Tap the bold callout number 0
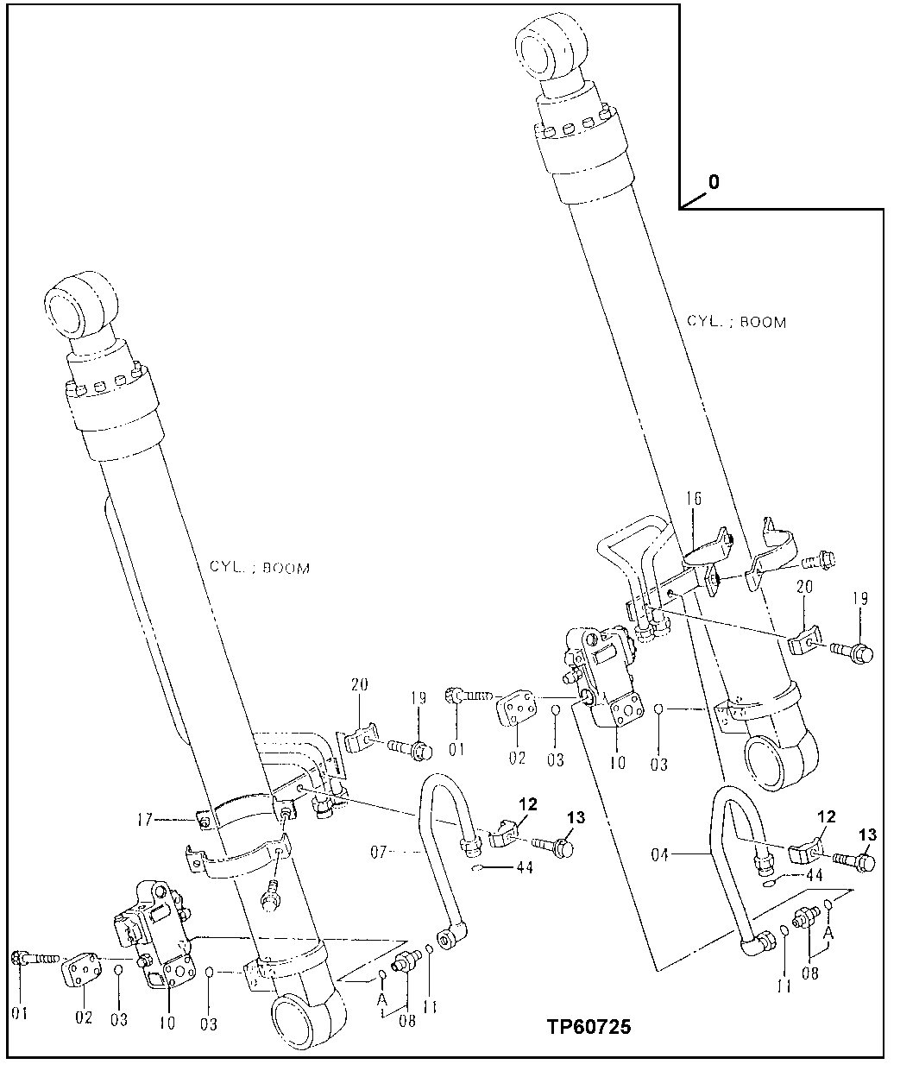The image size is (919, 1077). click(x=714, y=182)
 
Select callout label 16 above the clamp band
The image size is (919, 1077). click(x=695, y=500)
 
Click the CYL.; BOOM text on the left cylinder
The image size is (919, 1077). click(x=259, y=568)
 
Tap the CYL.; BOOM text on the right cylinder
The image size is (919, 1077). click(x=736, y=322)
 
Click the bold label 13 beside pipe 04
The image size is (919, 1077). click(x=867, y=835)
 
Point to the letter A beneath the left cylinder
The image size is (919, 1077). click(x=380, y=998)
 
